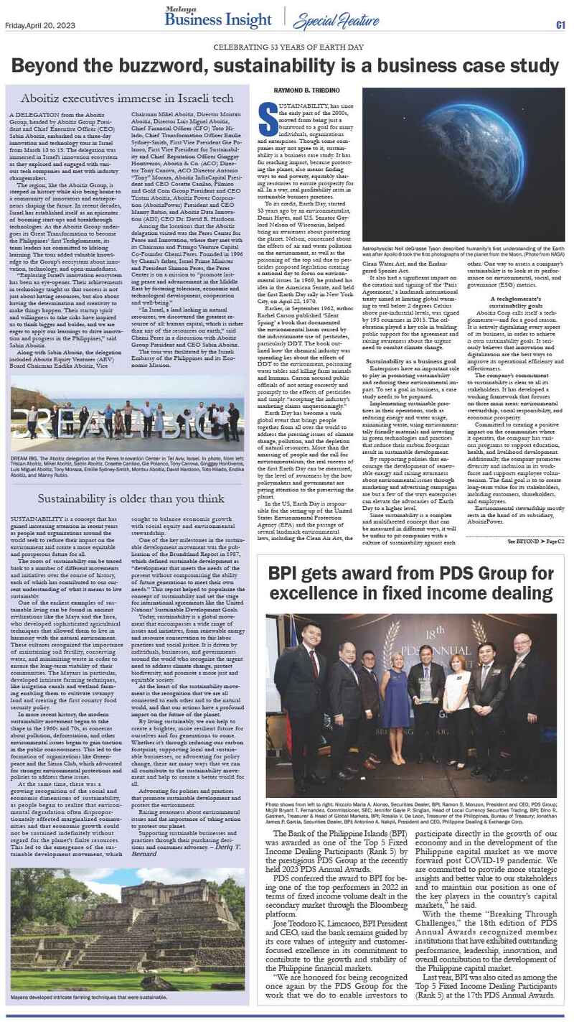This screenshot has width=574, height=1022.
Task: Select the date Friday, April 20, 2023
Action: pyautogui.click(x=34, y=27)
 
